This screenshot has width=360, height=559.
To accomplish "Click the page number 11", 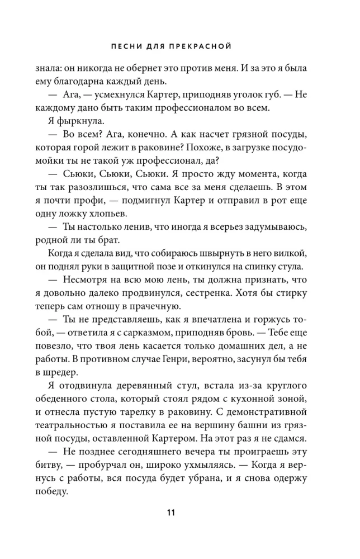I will click(x=180, y=513).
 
